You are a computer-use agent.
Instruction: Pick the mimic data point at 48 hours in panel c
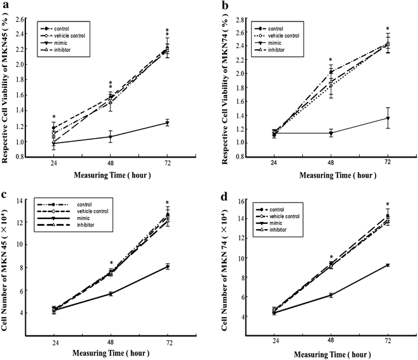tap(111, 294)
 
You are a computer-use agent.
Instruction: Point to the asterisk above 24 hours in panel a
tap(54, 117)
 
